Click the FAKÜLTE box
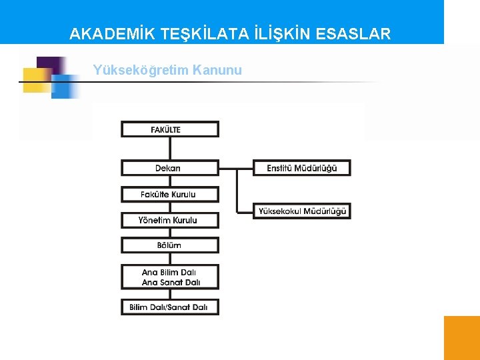(x=169, y=129)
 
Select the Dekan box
(x=169, y=168)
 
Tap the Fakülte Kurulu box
(x=169, y=194)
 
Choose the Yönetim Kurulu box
(x=169, y=220)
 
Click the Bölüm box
(x=169, y=245)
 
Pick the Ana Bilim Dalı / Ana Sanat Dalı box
(x=169, y=277)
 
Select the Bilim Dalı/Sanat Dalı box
(x=169, y=307)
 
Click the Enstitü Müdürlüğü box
(x=302, y=168)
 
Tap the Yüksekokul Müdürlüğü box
(x=302, y=211)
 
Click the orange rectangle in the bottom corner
(x=461, y=337)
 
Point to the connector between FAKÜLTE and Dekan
(x=169, y=148)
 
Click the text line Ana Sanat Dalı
(x=171, y=283)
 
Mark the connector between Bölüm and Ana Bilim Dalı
(x=169, y=259)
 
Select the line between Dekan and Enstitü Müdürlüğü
(x=236, y=168)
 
